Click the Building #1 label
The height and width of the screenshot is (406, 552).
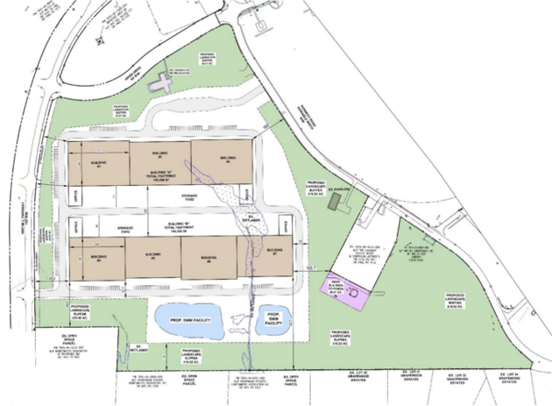pyautogui.click(x=97, y=163)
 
